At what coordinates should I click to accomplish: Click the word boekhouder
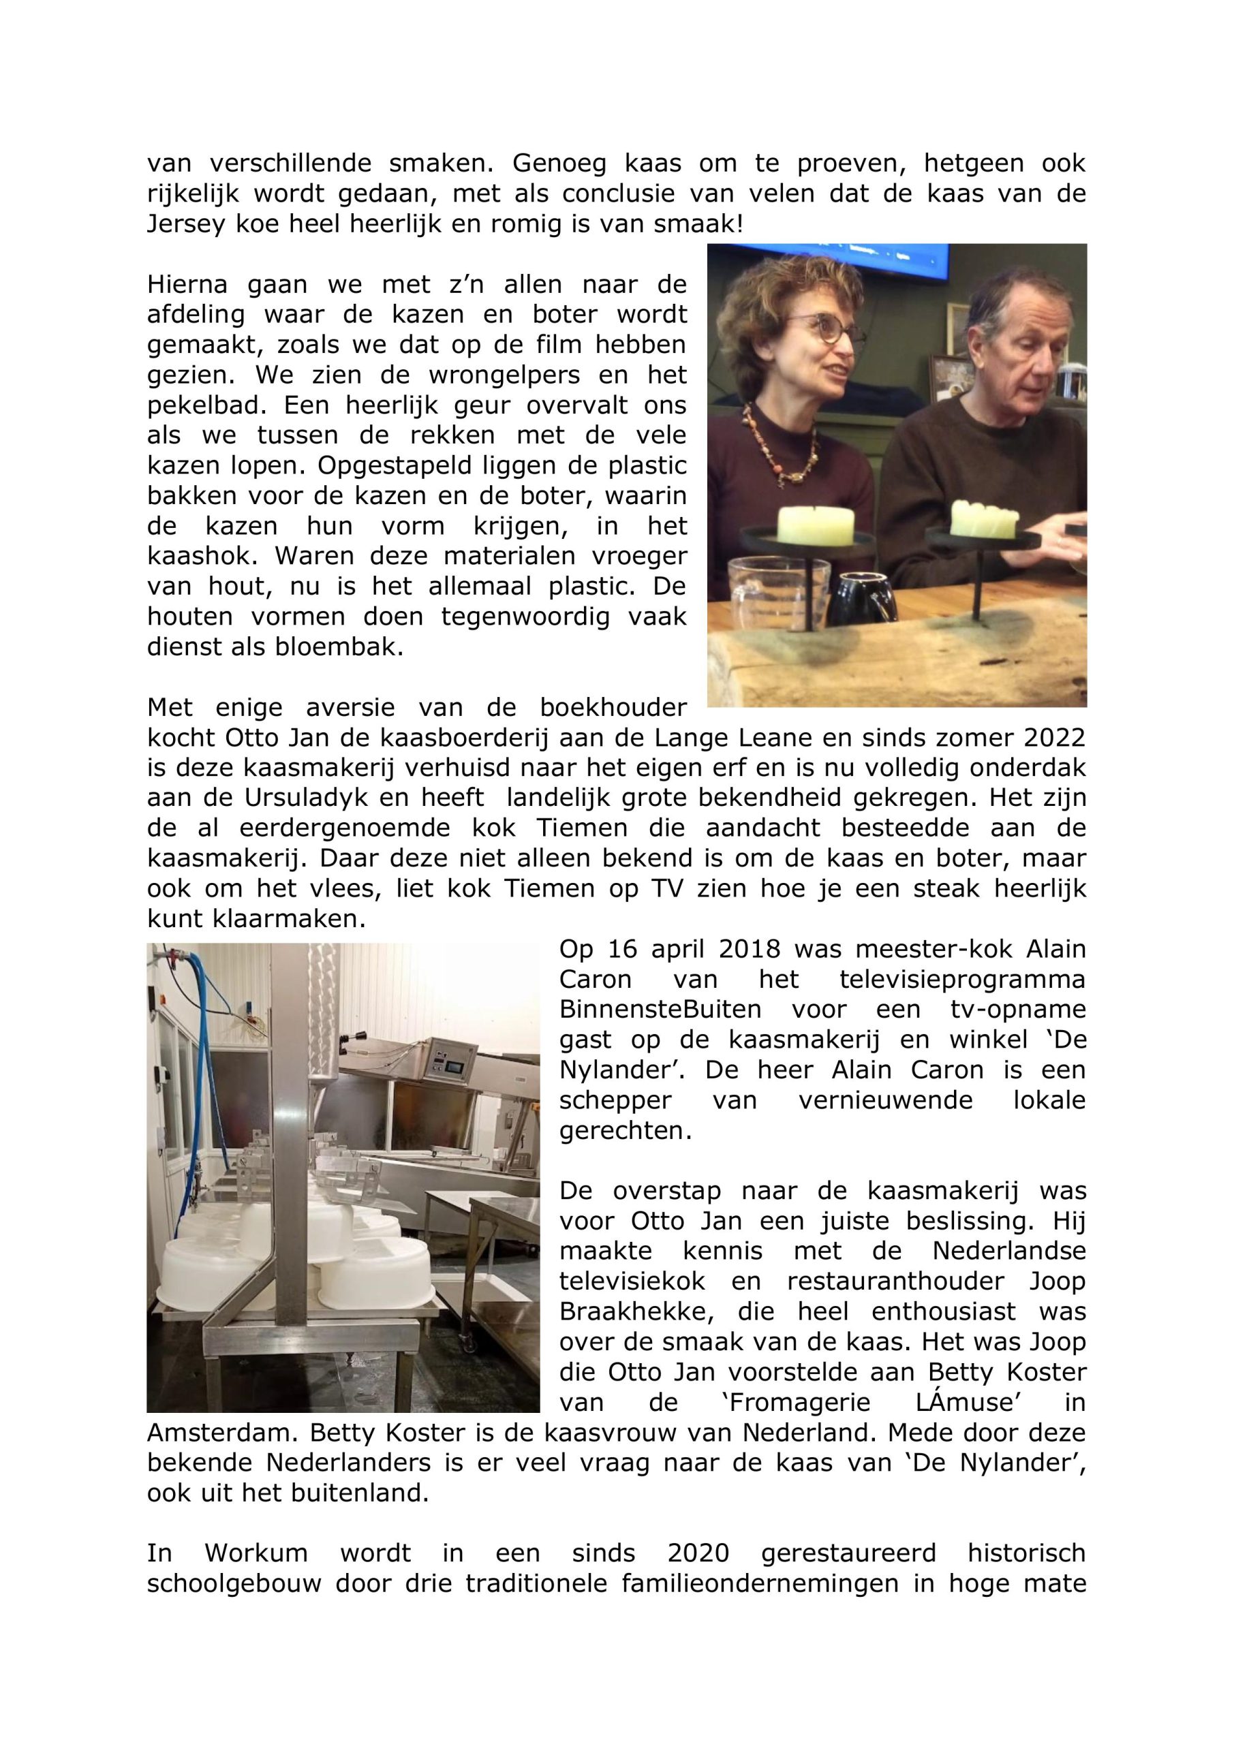613,708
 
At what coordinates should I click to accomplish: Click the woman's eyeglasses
821,330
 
